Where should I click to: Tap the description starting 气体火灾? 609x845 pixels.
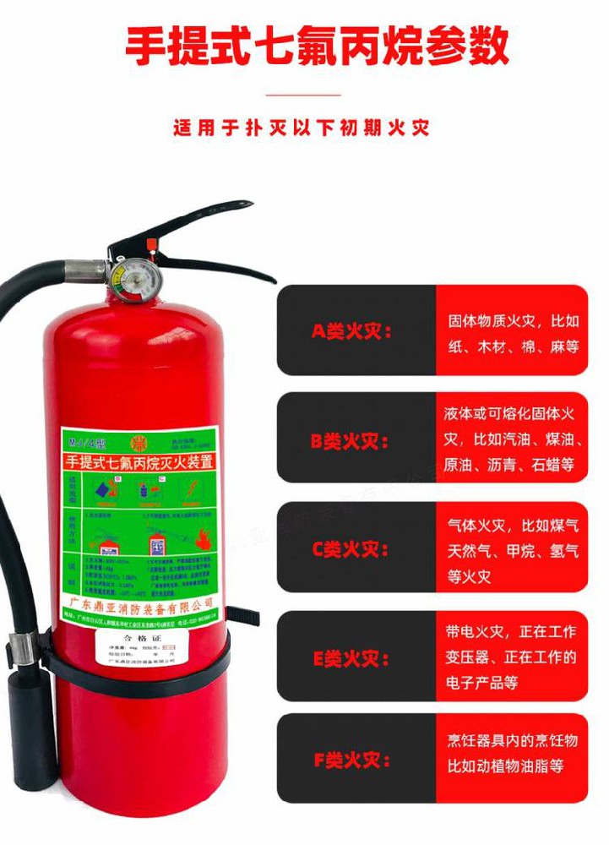coord(513,551)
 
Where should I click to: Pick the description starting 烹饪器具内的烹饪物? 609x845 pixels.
coord(513,754)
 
